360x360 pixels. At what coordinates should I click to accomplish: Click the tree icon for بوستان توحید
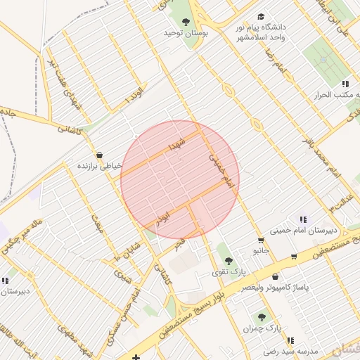click(186, 22)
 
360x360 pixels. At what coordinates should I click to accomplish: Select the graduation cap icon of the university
click(262, 16)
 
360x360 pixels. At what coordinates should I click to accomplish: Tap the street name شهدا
click(176, 145)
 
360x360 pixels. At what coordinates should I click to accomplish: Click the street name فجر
click(181, 243)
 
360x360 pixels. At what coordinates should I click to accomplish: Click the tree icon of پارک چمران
click(262, 317)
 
